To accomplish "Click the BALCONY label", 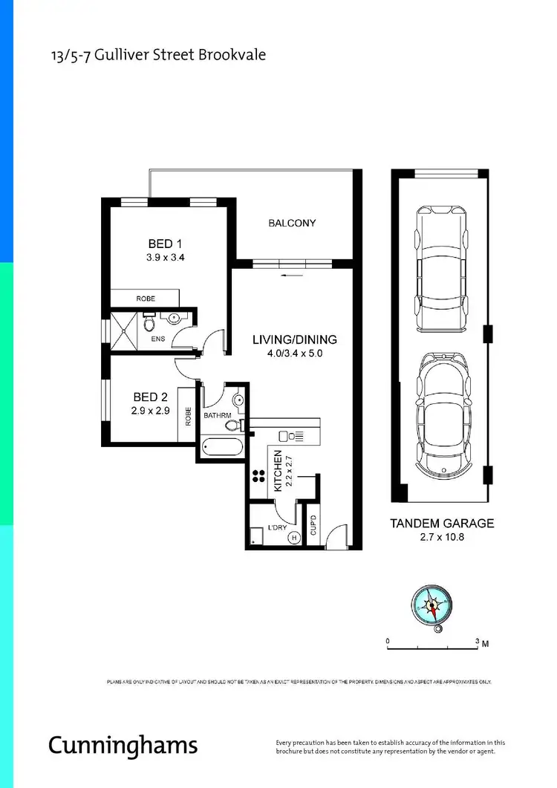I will click(x=292, y=223).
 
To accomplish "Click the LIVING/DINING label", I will click(x=294, y=339).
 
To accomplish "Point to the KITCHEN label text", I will click(x=278, y=472).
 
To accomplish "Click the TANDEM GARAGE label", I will click(x=441, y=523).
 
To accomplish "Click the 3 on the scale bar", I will click(x=476, y=640).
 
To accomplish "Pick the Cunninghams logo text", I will click(x=123, y=744).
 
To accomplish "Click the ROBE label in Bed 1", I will click(x=146, y=299).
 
